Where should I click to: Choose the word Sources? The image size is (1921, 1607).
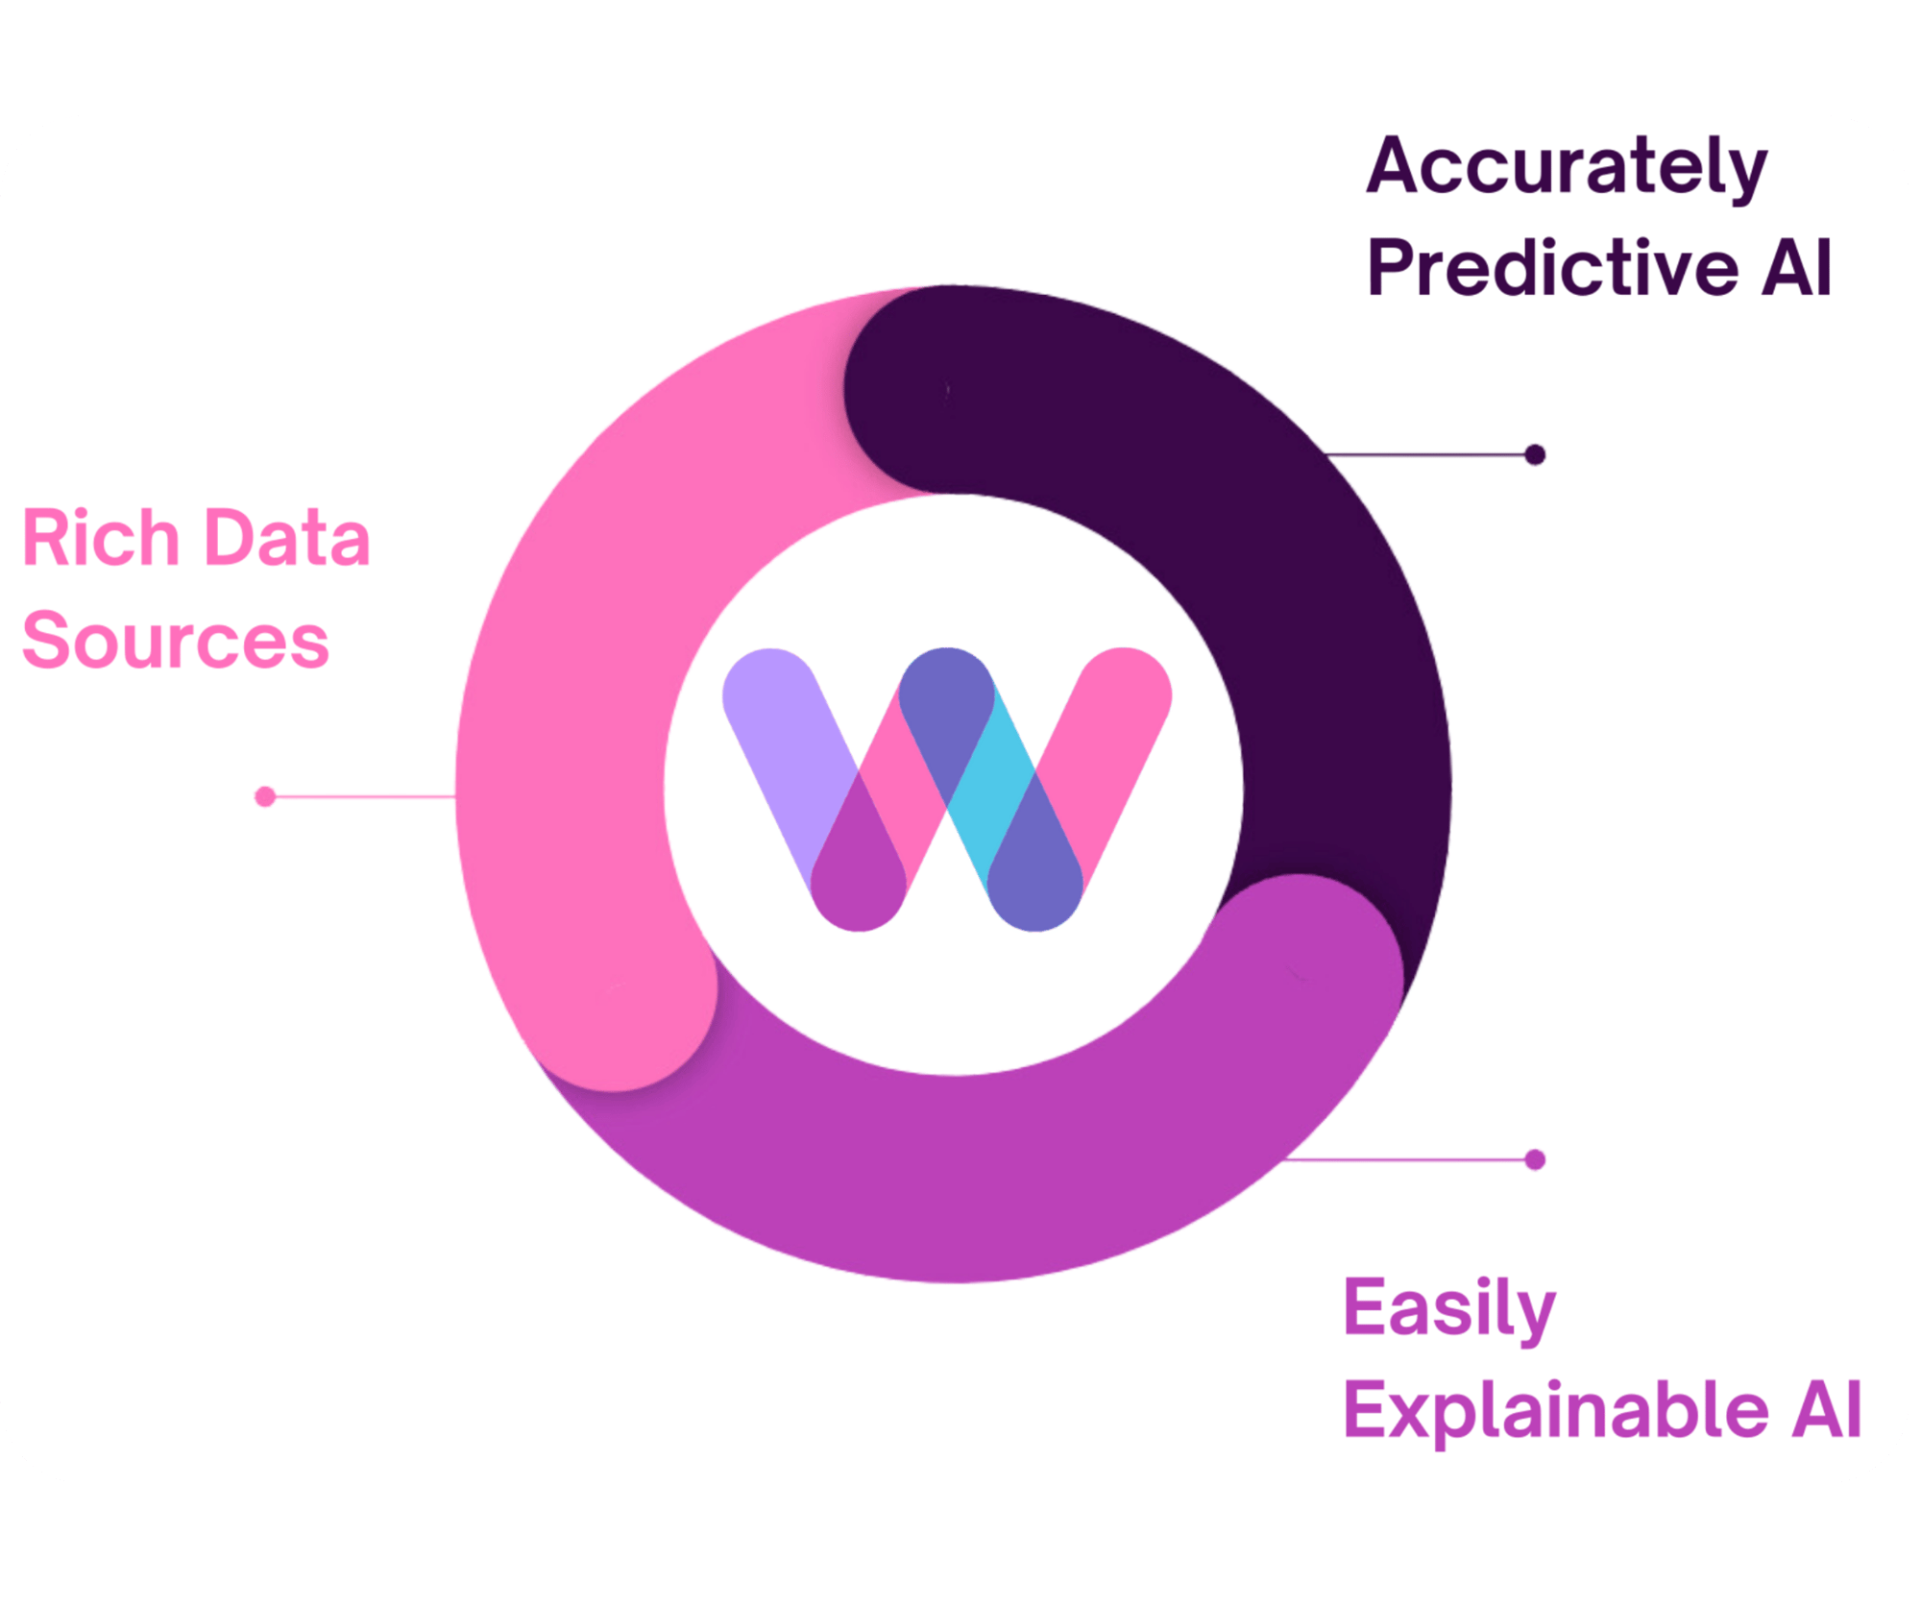point(176,641)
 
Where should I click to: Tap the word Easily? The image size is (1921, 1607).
point(1448,1309)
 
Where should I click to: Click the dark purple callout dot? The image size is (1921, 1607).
point(1535,454)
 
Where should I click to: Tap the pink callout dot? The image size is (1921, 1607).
point(265,796)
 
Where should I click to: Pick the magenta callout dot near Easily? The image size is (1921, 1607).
point(1535,1159)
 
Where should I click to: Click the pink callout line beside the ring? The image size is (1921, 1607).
point(365,796)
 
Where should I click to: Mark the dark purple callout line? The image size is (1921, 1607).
point(1431,454)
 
